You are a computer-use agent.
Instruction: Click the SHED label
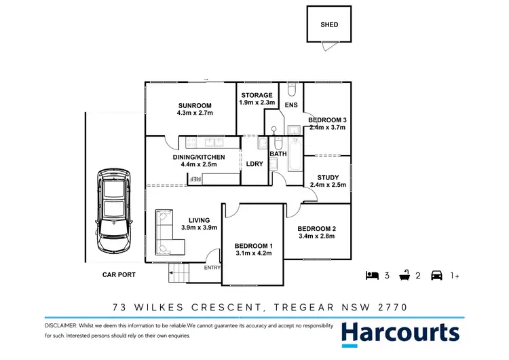point(329,25)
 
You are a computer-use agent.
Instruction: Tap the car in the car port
point(113,211)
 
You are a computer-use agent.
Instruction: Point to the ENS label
point(291,105)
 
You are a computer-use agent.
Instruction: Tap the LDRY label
point(254,164)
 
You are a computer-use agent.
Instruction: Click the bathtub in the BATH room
point(296,156)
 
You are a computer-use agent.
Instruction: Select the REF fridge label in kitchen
point(195,179)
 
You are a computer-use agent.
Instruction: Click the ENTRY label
point(212,268)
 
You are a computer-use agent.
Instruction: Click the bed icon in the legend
point(371,275)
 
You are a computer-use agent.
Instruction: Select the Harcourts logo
point(400,333)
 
